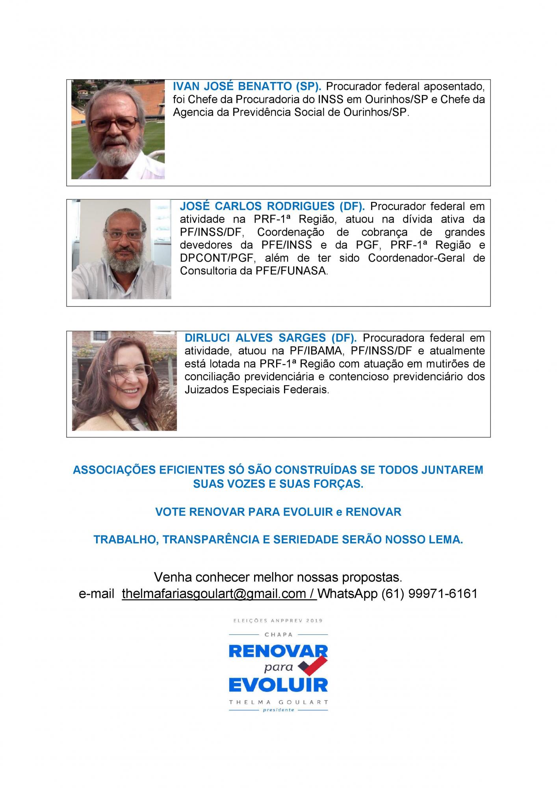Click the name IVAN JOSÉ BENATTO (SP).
point(247,86)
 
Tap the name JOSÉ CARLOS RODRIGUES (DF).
point(272,206)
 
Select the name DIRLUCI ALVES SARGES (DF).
point(271,338)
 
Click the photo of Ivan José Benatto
point(118,130)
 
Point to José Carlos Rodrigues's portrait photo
point(121,249)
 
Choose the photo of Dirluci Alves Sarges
point(124,381)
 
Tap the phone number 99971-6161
point(443,593)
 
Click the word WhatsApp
point(347,593)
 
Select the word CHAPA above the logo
point(278,634)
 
